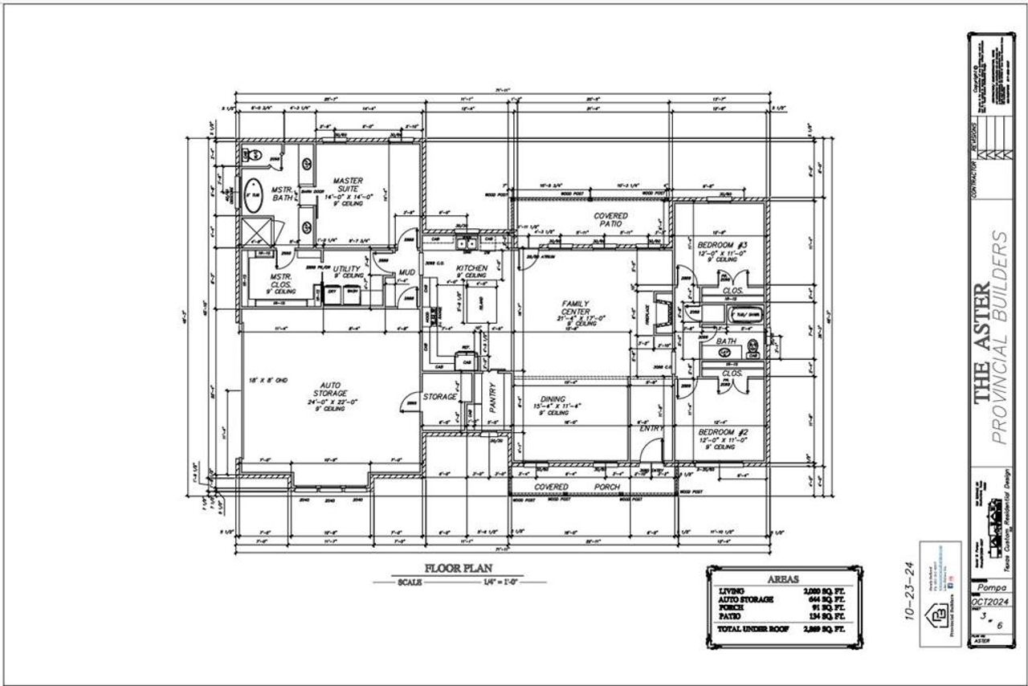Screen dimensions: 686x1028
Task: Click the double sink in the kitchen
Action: click(467, 244)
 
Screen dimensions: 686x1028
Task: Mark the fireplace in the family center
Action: click(661, 312)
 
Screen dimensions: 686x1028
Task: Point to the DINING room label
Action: click(553, 399)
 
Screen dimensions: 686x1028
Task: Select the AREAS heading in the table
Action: click(781, 578)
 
